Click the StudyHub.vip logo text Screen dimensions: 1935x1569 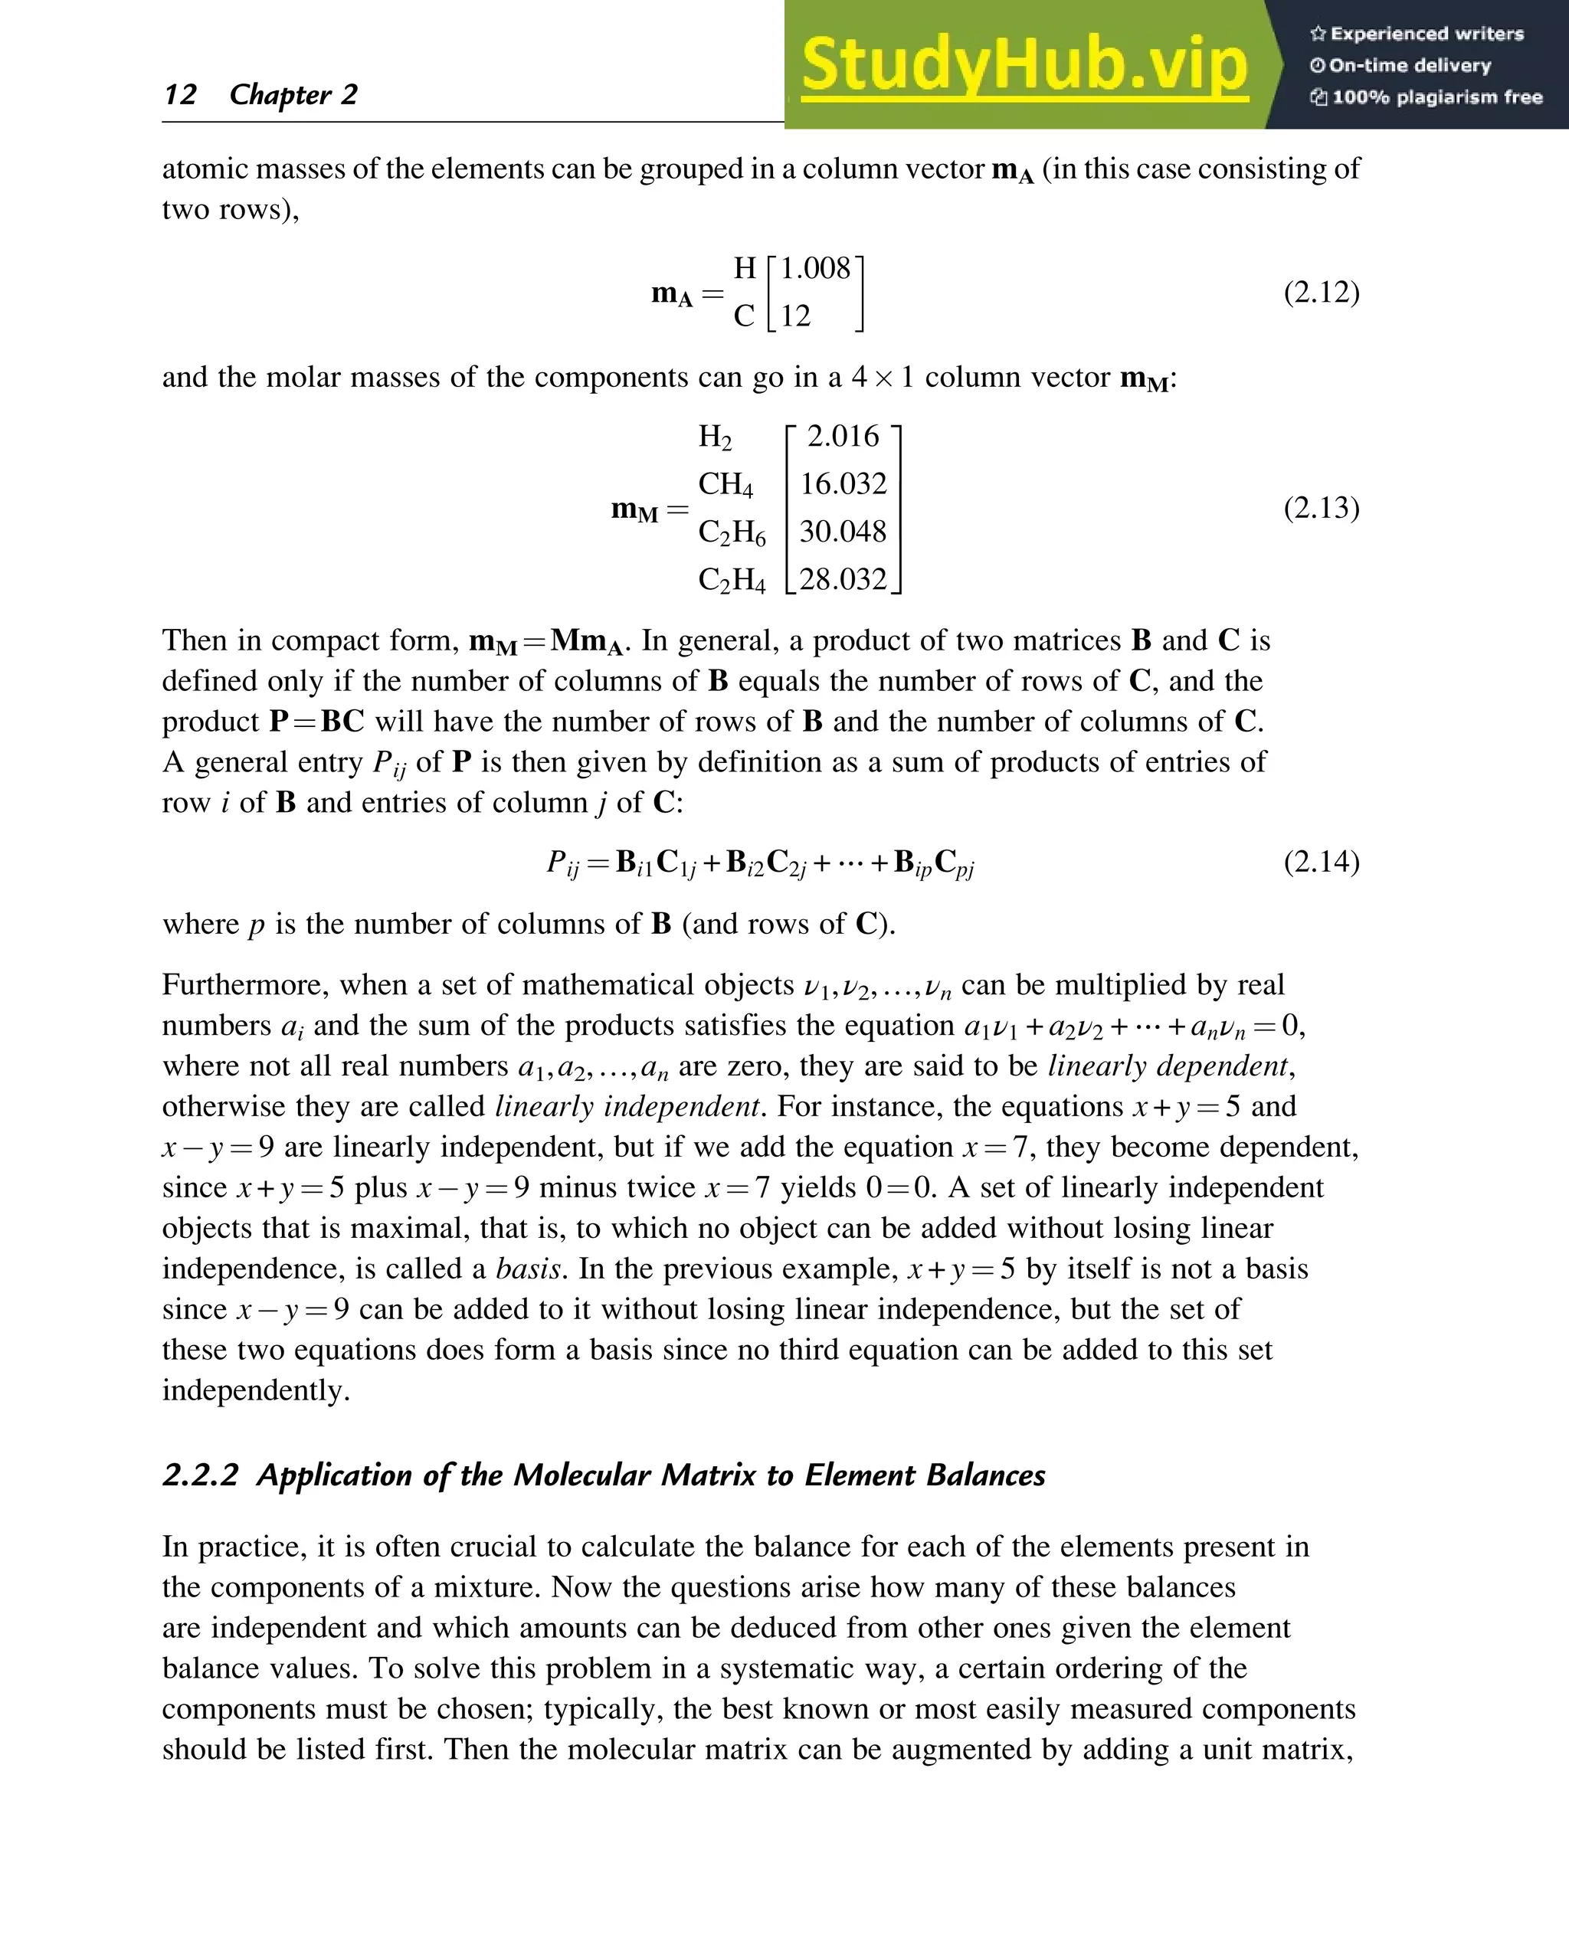1024,65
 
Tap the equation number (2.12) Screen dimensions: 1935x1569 1321,292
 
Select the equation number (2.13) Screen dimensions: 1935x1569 1321,507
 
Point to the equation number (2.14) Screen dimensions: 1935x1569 1321,860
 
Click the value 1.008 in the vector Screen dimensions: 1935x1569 815,268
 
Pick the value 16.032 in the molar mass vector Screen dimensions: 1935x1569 843,483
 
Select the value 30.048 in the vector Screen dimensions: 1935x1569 843,532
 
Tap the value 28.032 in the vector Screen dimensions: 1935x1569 843,579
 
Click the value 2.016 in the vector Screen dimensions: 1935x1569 843,437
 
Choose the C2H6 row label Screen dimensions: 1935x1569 731,533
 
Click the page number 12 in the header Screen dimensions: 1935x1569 180,95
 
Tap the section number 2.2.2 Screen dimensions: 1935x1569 200,1475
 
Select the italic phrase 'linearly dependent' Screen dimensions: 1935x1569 1167,1066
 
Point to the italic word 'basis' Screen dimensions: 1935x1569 528,1268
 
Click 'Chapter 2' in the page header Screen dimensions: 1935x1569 293,95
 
